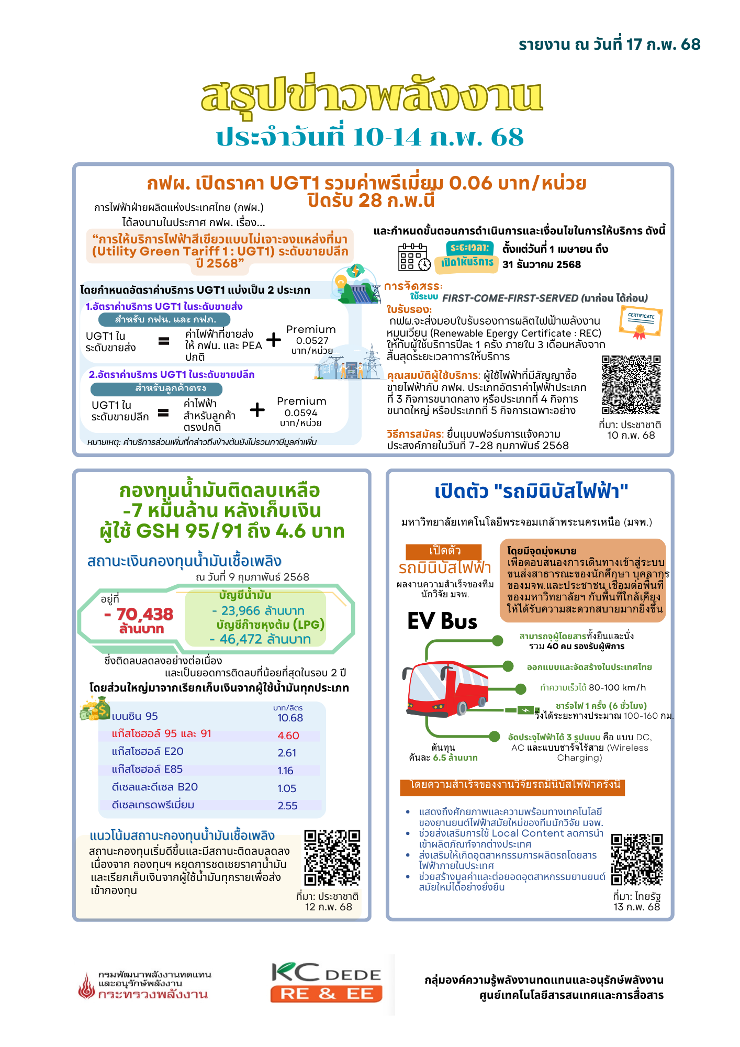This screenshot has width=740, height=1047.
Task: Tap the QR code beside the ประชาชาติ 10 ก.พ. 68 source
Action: click(x=631, y=385)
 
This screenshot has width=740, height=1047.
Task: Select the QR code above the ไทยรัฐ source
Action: click(x=636, y=859)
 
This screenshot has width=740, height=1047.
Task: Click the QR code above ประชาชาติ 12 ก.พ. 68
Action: click(x=332, y=857)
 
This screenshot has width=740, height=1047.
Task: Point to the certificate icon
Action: click(x=641, y=322)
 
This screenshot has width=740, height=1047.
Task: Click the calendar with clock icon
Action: click(x=414, y=257)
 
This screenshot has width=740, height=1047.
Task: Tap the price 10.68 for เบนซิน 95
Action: click(x=290, y=718)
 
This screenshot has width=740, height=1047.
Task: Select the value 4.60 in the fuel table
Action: click(x=288, y=736)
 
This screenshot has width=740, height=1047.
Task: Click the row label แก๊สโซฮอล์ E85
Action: click(x=147, y=769)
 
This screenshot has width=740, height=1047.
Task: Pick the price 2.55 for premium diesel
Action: click(x=287, y=806)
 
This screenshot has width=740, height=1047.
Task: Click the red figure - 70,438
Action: click(x=139, y=614)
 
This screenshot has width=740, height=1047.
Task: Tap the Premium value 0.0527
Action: click(x=312, y=340)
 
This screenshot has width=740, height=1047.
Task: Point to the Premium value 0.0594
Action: click(x=301, y=413)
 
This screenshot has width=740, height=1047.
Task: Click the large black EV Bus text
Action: click(x=442, y=621)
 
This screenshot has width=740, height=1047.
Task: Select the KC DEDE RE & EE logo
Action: click(x=327, y=983)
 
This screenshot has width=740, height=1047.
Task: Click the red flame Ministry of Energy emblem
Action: click(x=86, y=986)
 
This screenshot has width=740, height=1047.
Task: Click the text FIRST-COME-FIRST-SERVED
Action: click(x=510, y=298)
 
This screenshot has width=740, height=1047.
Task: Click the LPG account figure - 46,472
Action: click(x=260, y=639)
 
